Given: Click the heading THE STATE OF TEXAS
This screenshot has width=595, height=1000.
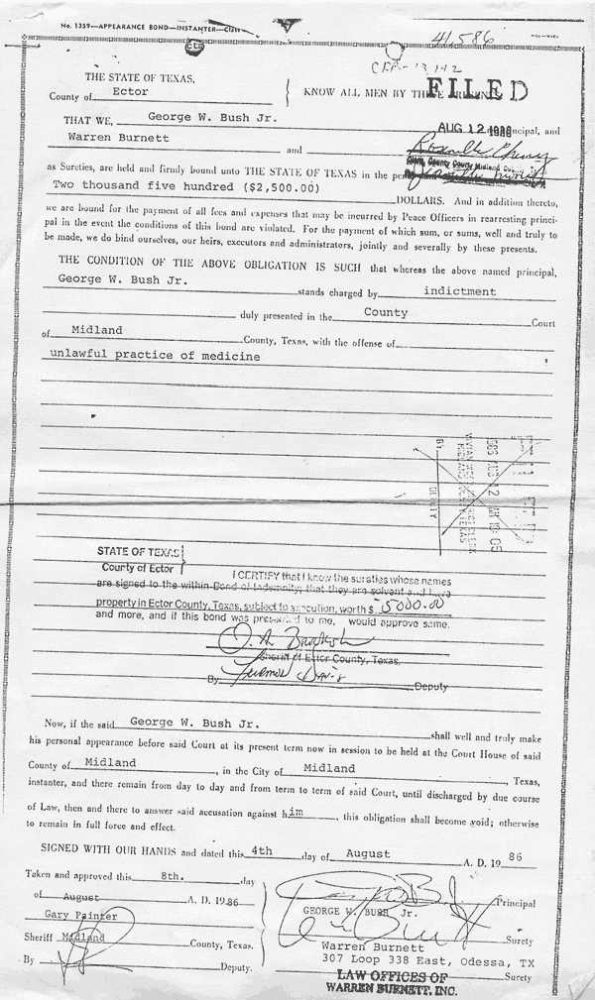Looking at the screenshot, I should click(140, 76).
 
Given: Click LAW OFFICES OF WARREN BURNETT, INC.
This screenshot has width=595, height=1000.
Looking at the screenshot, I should click(393, 982).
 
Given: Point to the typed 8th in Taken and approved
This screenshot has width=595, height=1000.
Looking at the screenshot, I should click(170, 876).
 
